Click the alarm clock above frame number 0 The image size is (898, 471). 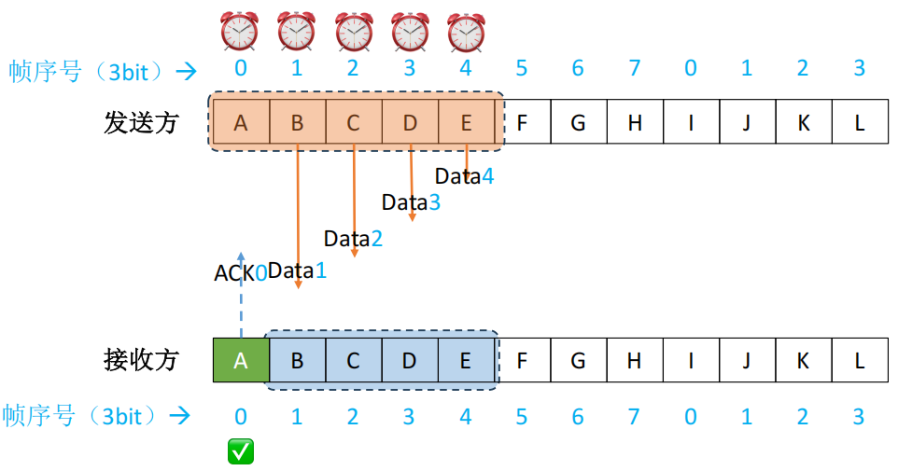click(x=239, y=31)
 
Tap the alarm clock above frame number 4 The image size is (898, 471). click(x=466, y=31)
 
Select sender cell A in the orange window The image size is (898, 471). click(x=241, y=122)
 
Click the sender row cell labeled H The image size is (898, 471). click(x=635, y=122)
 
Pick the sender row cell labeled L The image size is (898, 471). click(x=860, y=122)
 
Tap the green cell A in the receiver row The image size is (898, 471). click(x=241, y=360)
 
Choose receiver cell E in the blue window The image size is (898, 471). click(x=466, y=360)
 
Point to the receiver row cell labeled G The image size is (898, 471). click(x=578, y=360)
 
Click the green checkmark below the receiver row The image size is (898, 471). click(x=241, y=452)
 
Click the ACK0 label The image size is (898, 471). click(x=240, y=273)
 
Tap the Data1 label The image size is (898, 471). click(x=298, y=271)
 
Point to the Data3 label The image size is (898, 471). click(x=411, y=202)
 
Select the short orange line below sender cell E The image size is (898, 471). click(x=466, y=159)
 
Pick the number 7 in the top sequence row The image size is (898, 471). click(x=635, y=68)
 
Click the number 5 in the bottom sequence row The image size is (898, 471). click(x=521, y=416)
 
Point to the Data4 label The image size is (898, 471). click(x=464, y=175)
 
